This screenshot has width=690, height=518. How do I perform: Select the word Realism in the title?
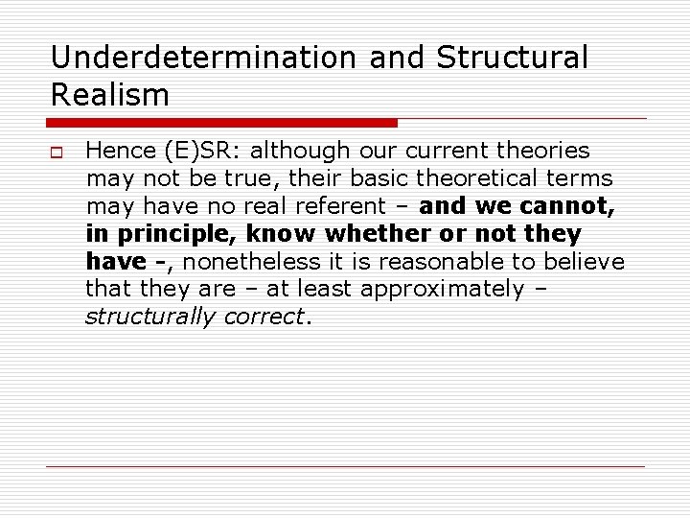[110, 94]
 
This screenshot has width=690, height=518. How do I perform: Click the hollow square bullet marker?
[57, 152]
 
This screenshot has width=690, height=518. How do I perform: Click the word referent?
[360, 206]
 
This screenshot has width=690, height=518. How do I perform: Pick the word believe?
[585, 262]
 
